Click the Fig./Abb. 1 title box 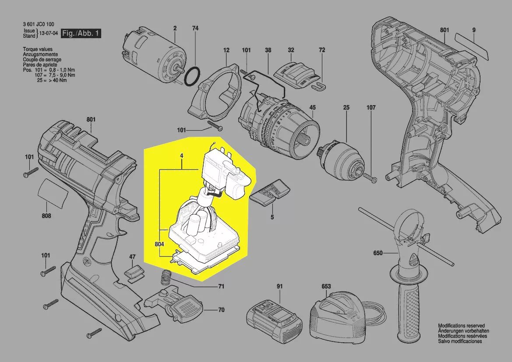81,33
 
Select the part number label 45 312,107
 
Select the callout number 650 378,253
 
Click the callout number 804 159,244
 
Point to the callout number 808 46,216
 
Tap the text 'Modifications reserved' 461,326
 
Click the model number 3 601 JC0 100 39,24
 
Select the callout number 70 221,309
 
